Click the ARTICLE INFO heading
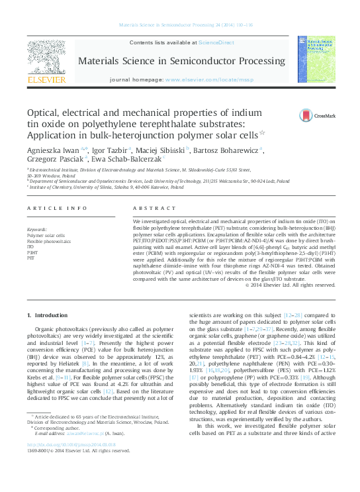(x=56, y=208)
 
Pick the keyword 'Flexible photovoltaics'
(x=48, y=242)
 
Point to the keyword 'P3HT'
(x=32, y=252)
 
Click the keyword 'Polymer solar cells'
(x=46, y=236)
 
